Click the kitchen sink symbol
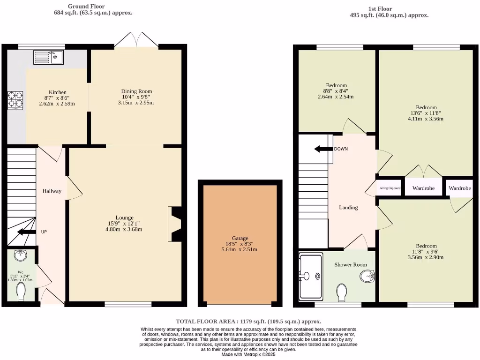coord(49,57)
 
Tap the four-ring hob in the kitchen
coord(15,100)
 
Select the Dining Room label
coord(136,91)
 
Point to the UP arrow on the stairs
coord(26,232)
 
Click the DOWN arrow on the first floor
coord(323,149)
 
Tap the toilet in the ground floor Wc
coord(21,293)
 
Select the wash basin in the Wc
coord(21,255)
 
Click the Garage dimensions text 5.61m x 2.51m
coord(240,249)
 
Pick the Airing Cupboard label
coord(390,188)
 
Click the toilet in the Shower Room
coord(342,292)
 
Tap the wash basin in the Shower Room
coord(367,277)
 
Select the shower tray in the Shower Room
coord(311,277)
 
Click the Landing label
coord(348,207)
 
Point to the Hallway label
coord(52,191)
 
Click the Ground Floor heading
coord(86,7)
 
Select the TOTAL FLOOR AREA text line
coord(248,321)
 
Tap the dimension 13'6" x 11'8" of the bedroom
coord(426,113)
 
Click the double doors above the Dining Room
coord(136,40)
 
